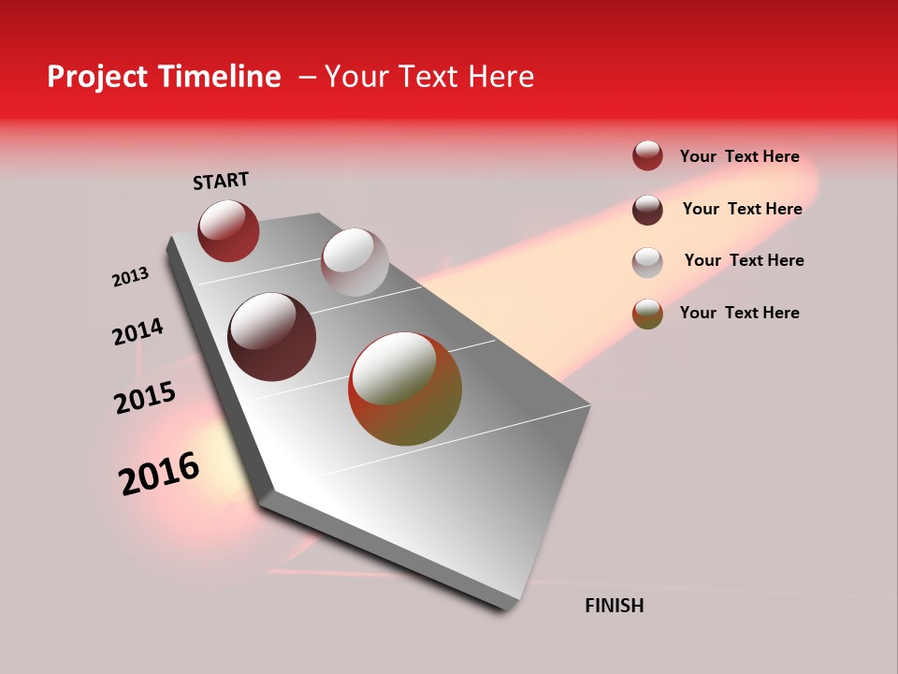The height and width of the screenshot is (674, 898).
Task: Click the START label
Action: point(221,181)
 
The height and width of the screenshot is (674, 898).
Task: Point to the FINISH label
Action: point(614,606)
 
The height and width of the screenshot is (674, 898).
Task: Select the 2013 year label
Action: point(130,277)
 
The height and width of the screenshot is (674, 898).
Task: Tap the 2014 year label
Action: point(138,332)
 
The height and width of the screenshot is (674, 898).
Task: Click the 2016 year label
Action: point(159,474)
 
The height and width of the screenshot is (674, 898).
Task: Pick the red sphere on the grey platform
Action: point(228,230)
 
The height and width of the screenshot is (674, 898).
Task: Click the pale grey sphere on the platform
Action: point(355,262)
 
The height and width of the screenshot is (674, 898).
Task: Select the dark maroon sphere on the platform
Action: point(272,337)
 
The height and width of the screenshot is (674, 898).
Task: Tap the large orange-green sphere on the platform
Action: point(405,388)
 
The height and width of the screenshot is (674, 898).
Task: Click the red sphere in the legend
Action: point(647,155)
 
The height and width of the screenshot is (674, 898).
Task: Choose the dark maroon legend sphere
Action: point(647,209)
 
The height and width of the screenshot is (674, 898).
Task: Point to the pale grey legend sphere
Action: point(647,261)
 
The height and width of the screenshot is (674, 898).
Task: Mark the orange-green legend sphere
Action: point(647,314)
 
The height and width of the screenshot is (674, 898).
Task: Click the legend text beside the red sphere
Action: point(739,156)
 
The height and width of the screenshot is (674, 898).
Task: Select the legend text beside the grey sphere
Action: point(744,260)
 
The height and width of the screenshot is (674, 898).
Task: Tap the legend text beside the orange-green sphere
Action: point(739,313)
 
